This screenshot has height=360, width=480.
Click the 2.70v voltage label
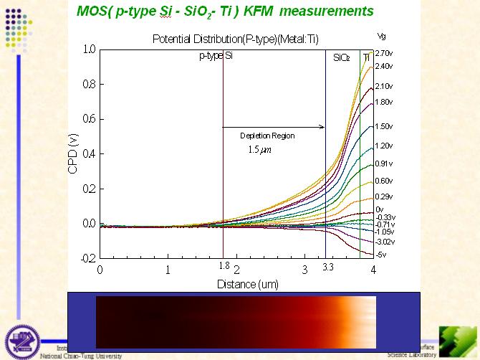(x=383, y=53)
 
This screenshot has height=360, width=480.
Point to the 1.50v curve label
(x=383, y=126)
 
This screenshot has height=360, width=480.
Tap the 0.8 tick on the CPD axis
(x=88, y=84)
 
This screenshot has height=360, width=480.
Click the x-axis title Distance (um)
(x=236, y=284)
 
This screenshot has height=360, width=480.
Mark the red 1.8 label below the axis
(x=224, y=267)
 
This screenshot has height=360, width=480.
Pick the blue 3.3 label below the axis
(x=327, y=267)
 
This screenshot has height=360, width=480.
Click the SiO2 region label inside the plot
(x=341, y=57)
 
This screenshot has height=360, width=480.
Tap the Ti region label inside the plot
(x=366, y=57)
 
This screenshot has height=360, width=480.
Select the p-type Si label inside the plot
(x=216, y=56)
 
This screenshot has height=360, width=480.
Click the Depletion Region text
(x=267, y=136)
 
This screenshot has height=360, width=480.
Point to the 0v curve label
(x=379, y=209)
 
